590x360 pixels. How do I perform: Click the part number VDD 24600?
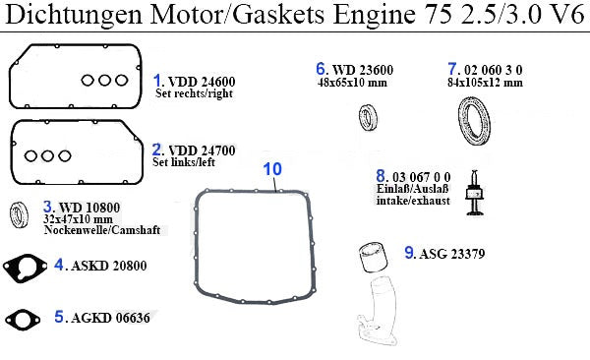click(202, 82)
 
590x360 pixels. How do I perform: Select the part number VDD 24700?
click(202, 150)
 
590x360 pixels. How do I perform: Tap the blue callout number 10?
click(272, 169)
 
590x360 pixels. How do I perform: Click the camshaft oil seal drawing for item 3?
click(19, 214)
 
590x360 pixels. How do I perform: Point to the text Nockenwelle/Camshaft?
click(102, 230)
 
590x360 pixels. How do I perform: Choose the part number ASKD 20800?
click(109, 266)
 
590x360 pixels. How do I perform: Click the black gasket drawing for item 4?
click(25, 269)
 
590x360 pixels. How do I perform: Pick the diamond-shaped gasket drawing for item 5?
click(23, 320)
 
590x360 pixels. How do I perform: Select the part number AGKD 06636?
click(110, 318)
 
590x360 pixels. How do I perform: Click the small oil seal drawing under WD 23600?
click(368, 117)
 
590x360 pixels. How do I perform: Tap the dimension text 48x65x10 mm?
click(352, 83)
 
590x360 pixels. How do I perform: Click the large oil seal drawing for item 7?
click(474, 121)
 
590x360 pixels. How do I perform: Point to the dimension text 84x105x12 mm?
click(485, 83)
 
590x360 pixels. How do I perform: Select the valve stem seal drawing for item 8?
click(475, 193)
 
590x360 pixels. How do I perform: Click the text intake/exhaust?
click(413, 201)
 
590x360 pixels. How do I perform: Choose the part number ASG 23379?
click(452, 254)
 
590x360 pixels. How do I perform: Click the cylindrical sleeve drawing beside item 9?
click(373, 257)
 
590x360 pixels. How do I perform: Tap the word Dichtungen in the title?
click(74, 15)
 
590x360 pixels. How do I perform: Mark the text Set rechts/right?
click(194, 93)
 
